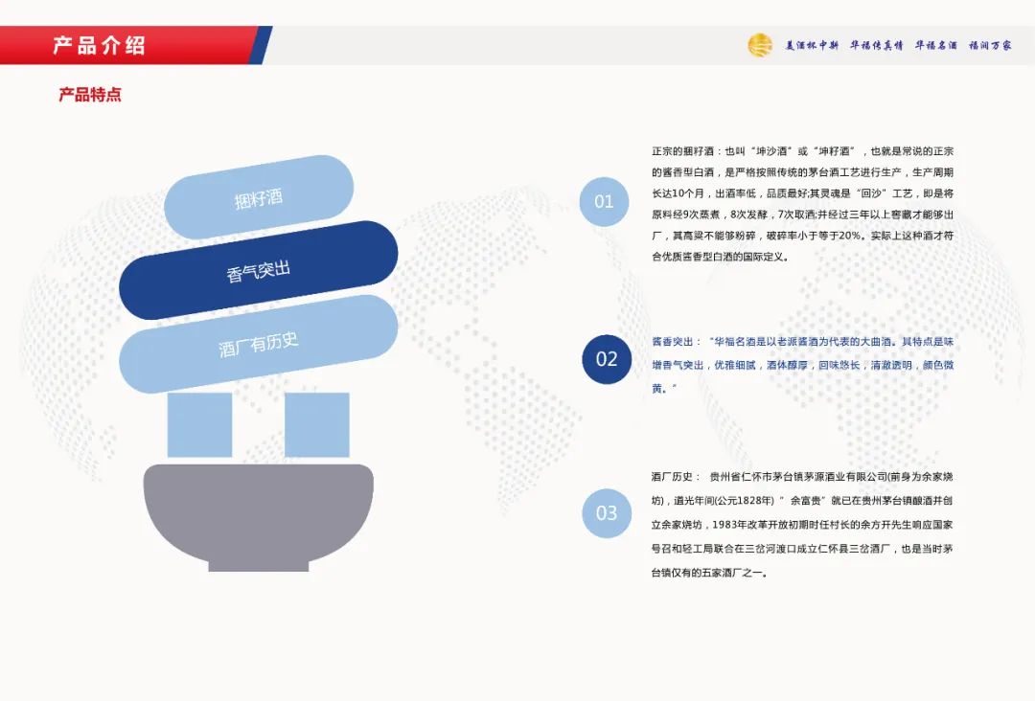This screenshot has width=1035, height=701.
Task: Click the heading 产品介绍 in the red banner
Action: tap(99, 45)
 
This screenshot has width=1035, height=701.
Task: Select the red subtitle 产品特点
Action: tap(90, 95)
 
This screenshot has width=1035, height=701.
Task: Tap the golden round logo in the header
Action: tap(760, 45)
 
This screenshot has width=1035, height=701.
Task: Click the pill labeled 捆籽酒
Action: tap(259, 198)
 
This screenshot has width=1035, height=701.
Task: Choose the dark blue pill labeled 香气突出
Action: tap(259, 270)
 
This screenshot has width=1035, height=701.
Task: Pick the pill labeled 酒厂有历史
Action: tap(259, 343)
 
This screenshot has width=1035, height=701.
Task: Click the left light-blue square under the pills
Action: tap(199, 424)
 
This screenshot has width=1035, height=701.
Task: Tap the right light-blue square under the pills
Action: tap(316, 424)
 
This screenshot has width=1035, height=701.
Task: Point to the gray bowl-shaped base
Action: tap(259, 512)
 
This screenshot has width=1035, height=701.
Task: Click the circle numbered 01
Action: tap(604, 201)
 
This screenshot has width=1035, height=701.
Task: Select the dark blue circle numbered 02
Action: tap(607, 359)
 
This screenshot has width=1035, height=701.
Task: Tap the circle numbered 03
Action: tap(607, 513)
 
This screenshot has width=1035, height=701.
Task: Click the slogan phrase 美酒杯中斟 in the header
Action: tap(812, 45)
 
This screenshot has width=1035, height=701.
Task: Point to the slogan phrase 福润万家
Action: tap(990, 45)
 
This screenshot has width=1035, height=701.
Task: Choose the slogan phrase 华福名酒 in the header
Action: tap(935, 45)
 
